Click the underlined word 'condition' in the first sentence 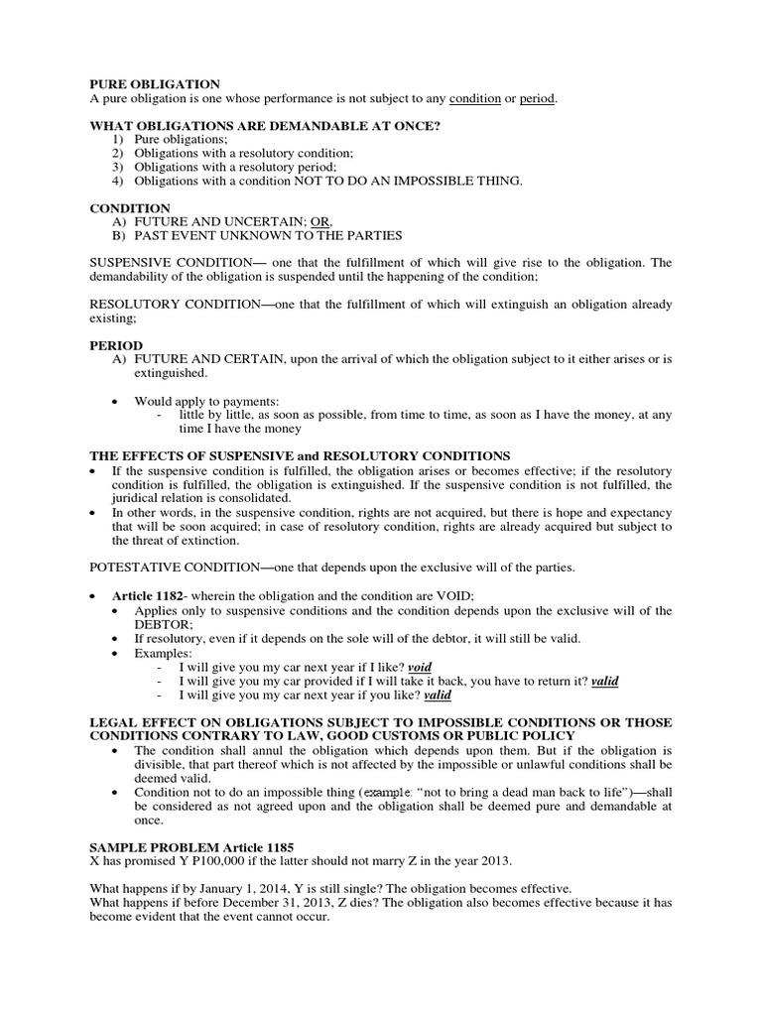pos(474,99)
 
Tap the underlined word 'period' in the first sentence pos(537,99)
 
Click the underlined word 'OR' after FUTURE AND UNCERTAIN pos(320,222)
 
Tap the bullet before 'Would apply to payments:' pos(115,401)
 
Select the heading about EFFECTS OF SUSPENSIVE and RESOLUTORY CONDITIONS pos(300,454)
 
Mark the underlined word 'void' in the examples pos(420,668)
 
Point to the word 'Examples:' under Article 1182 pos(163,653)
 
